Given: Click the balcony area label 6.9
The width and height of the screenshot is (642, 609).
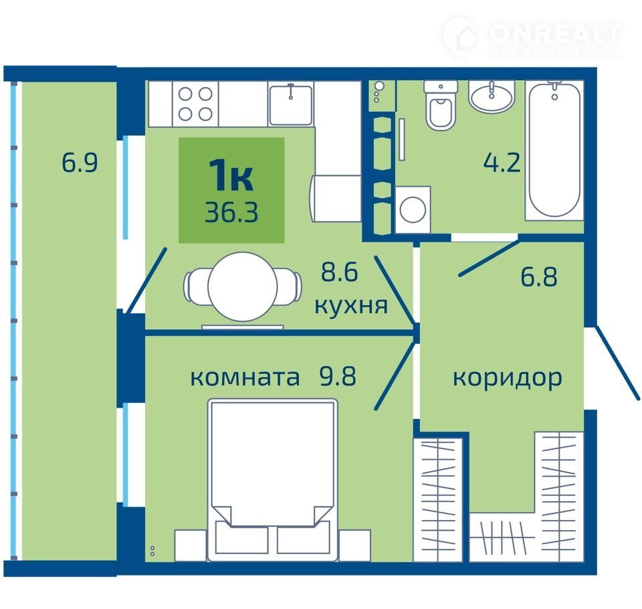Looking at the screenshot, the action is click(x=80, y=163).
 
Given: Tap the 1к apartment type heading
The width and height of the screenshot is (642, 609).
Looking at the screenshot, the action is click(x=231, y=175).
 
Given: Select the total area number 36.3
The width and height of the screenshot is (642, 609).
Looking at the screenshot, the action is click(x=231, y=213).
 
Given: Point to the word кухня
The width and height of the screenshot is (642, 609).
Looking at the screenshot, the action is click(x=351, y=306).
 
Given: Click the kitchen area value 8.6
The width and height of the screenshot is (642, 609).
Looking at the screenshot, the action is click(x=340, y=272).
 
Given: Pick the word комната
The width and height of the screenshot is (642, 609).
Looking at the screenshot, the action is click(x=245, y=377).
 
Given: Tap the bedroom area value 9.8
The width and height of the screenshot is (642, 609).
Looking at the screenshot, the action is click(x=338, y=376).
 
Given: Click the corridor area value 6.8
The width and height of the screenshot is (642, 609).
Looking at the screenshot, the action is click(x=539, y=276).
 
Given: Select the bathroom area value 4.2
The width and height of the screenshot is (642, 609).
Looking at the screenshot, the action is click(x=502, y=163).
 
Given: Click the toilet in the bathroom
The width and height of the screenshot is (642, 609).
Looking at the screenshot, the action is click(x=440, y=105).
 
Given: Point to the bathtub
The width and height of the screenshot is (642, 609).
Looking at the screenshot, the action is click(x=554, y=150).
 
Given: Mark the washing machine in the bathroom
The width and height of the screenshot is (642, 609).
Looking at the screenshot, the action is click(x=413, y=209).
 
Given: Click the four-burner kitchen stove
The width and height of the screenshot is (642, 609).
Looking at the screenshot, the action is click(x=195, y=104).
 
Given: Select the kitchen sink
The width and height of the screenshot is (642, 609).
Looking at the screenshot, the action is click(x=291, y=104).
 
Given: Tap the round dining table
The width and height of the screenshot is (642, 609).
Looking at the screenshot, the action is click(x=243, y=286).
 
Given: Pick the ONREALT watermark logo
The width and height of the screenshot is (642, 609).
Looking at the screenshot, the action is click(x=532, y=37).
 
